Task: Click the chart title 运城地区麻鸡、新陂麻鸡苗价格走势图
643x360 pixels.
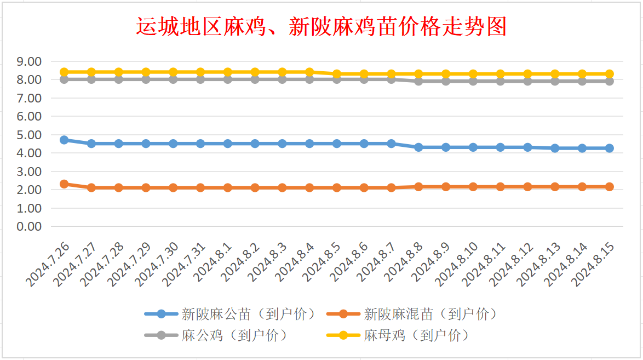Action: (x=321, y=27)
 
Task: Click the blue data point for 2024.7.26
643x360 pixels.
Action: (x=64, y=140)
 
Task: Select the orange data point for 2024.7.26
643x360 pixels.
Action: (x=64, y=184)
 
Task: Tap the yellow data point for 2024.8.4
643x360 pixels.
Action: (x=309, y=72)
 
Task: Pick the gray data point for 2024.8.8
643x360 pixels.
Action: (x=418, y=81)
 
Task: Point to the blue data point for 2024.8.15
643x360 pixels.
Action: (x=609, y=148)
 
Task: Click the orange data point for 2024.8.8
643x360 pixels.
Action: (x=418, y=187)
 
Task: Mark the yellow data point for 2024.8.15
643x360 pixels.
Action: (x=609, y=74)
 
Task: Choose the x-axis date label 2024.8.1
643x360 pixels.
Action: (x=213, y=262)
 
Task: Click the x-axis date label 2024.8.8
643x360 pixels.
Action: (x=404, y=262)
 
